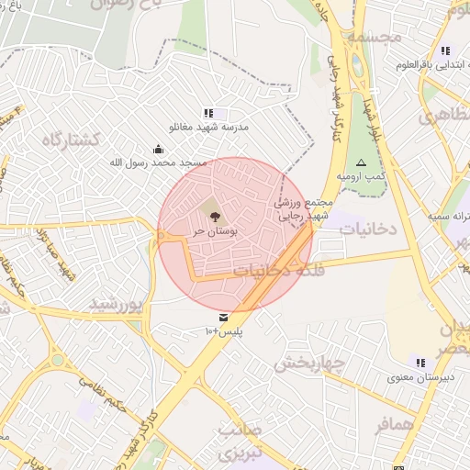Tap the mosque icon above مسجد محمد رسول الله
click(x=159, y=149)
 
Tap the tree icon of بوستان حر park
click(x=214, y=218)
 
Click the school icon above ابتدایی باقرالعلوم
click(x=445, y=50)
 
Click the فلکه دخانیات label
click(x=275, y=271)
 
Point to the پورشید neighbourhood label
click(x=117, y=303)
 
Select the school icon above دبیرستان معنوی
click(x=420, y=363)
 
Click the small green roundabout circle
click(x=58, y=360)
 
